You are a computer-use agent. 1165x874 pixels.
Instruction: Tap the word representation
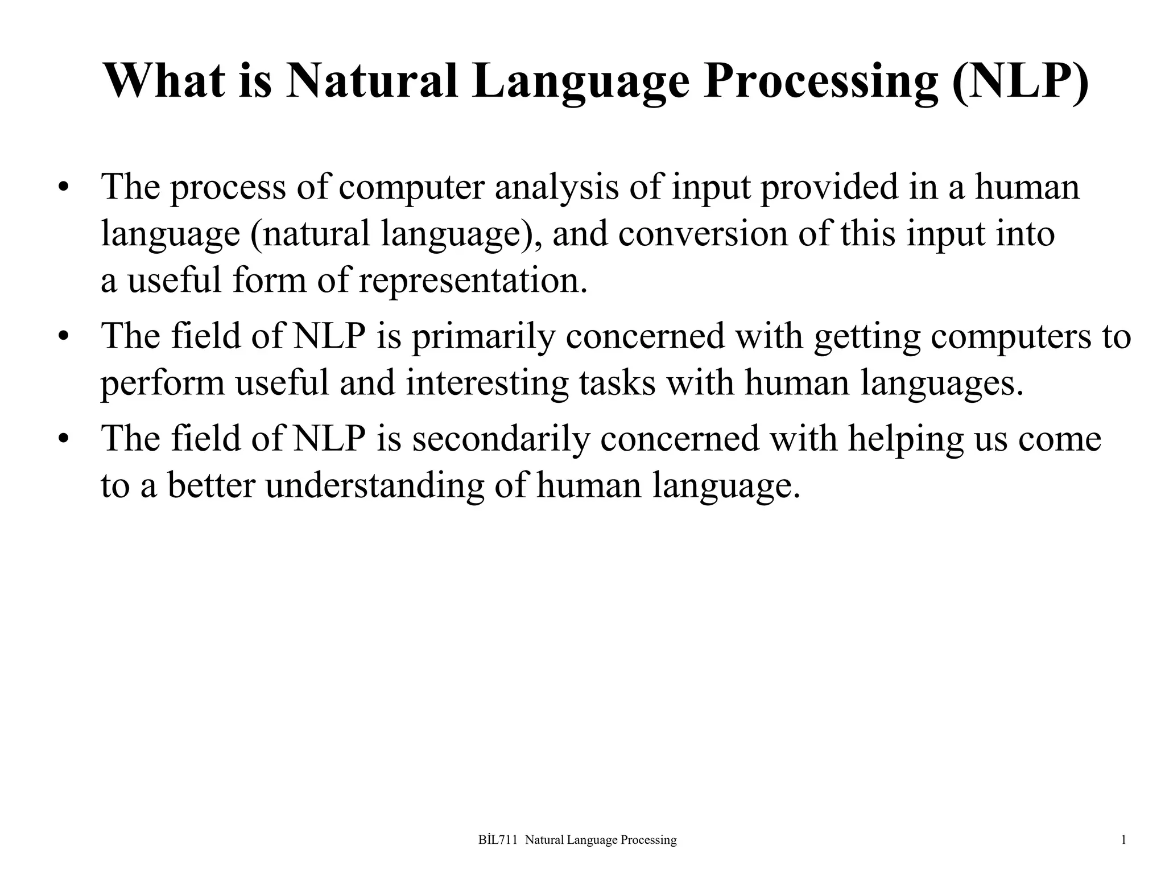point(473,281)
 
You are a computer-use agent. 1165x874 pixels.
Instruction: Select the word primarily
point(483,337)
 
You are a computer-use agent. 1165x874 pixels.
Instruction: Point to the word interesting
point(487,383)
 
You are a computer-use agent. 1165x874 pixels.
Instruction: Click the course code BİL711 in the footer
point(498,840)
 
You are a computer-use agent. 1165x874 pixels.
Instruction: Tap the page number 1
point(1123,840)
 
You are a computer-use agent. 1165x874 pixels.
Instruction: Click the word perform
point(163,383)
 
